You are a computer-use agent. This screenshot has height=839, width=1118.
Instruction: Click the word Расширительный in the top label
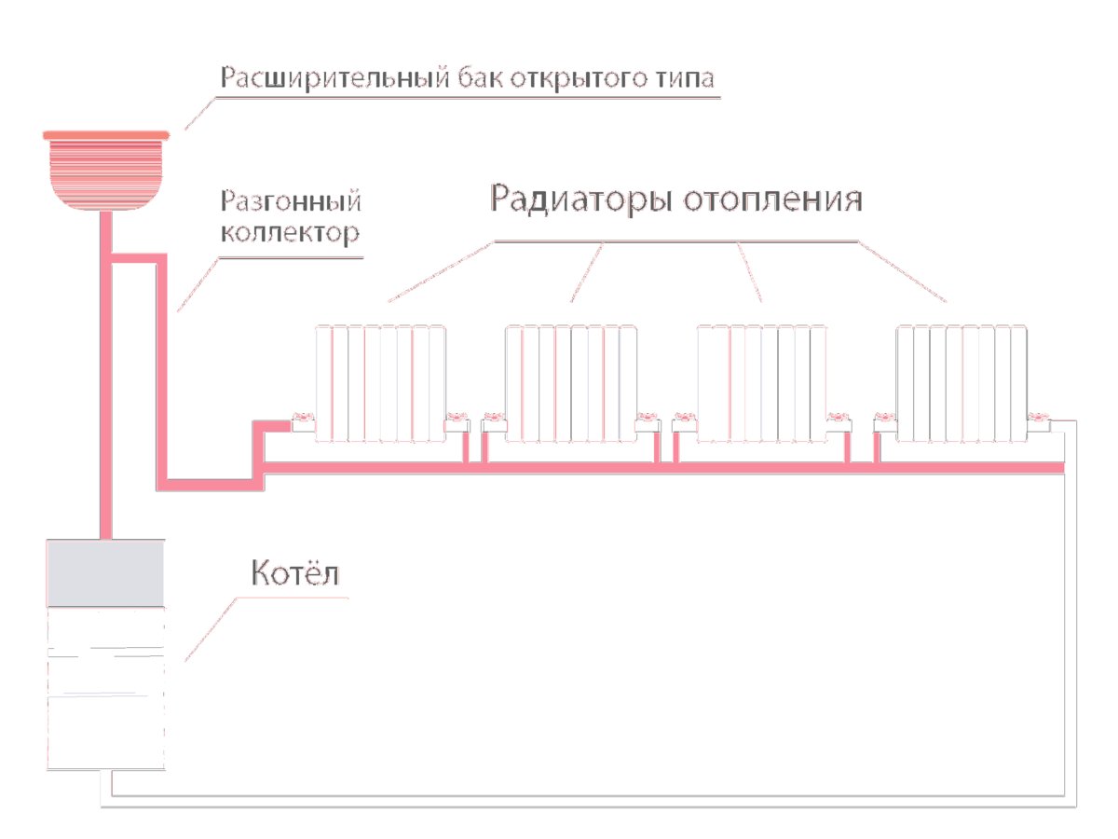click(x=334, y=78)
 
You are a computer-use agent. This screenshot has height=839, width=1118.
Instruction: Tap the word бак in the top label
click(x=480, y=77)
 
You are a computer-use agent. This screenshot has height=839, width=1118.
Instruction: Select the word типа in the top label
click(x=685, y=79)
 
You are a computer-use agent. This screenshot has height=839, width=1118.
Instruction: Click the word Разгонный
click(x=291, y=200)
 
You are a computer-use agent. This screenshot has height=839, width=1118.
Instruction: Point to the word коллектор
click(x=291, y=233)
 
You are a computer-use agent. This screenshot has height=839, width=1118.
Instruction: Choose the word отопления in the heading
click(x=772, y=199)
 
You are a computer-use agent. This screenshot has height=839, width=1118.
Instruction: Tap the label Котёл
click(x=295, y=572)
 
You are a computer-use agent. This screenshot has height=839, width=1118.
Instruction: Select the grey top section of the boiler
click(x=105, y=573)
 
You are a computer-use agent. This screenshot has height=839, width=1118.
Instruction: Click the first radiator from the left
click(x=380, y=383)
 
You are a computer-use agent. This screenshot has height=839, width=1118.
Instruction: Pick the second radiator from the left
click(x=571, y=383)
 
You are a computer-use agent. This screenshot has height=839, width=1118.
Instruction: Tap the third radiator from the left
click(x=761, y=383)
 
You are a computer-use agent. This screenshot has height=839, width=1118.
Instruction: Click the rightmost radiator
click(x=961, y=383)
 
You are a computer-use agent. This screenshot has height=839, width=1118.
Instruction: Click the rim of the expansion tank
click(x=106, y=135)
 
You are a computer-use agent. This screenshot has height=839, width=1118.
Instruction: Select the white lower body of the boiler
click(x=106, y=688)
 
